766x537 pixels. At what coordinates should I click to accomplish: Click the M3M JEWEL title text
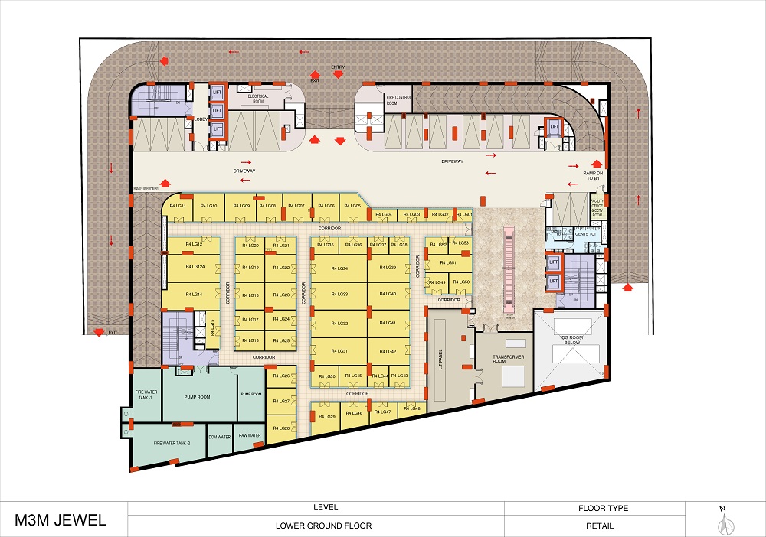coord(61,521)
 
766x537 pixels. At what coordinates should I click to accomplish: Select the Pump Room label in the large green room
coord(197,398)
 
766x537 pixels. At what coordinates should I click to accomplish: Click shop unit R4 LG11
coord(177,206)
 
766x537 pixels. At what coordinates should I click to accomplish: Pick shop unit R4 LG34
coord(338,268)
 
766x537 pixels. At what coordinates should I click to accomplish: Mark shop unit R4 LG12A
coord(195,267)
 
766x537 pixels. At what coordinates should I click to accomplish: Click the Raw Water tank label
coord(250,436)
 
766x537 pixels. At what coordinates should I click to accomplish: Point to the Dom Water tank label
coord(220,437)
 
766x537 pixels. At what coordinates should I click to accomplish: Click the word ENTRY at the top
coord(338,67)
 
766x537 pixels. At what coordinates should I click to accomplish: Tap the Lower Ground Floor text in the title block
coord(324,526)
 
